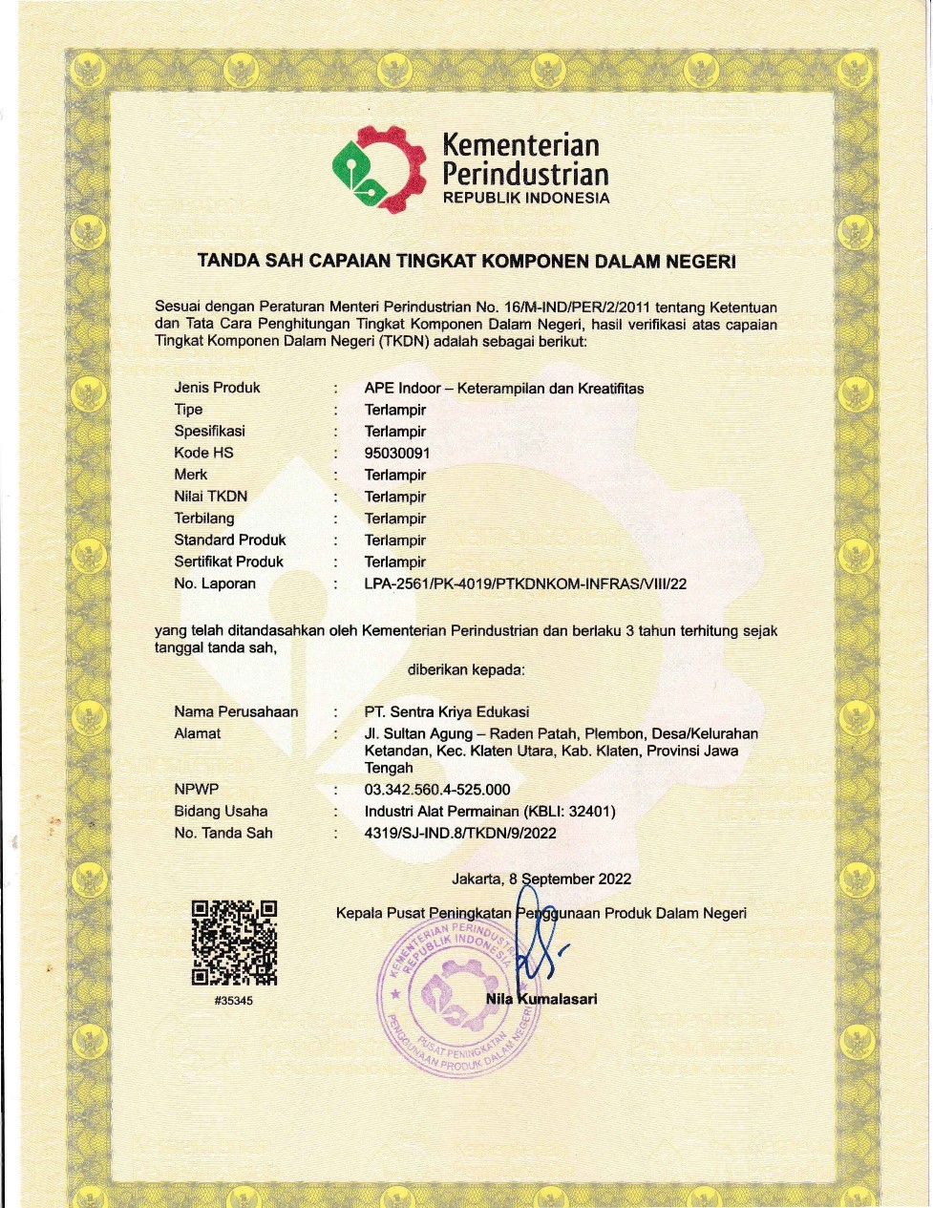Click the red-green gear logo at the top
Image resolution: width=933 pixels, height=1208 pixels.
(x=378, y=169)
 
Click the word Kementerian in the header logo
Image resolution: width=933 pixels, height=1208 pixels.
(x=520, y=145)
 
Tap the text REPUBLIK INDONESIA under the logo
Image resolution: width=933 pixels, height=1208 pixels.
(x=525, y=199)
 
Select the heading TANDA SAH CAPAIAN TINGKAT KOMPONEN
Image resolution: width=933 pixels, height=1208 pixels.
(x=466, y=261)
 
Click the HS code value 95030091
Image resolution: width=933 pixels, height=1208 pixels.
(x=397, y=453)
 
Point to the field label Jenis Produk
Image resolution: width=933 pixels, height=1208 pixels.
(x=217, y=388)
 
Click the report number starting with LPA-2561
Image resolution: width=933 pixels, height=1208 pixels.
(x=525, y=583)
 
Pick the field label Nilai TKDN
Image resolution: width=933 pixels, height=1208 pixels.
(x=210, y=497)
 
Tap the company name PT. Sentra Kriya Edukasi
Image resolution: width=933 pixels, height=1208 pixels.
(x=447, y=711)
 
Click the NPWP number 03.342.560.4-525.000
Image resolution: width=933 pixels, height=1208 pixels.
(x=437, y=790)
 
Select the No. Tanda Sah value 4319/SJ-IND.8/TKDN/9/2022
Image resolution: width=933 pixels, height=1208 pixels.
(x=460, y=833)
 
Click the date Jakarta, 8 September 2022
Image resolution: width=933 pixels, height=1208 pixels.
(x=541, y=879)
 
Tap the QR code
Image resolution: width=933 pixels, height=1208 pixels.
(x=235, y=943)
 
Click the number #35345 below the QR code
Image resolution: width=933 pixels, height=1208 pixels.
(x=234, y=1001)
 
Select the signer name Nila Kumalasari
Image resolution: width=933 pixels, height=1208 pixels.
(x=541, y=999)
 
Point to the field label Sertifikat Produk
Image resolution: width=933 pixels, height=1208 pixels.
(x=229, y=562)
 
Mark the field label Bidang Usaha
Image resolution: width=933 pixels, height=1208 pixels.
(x=221, y=812)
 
